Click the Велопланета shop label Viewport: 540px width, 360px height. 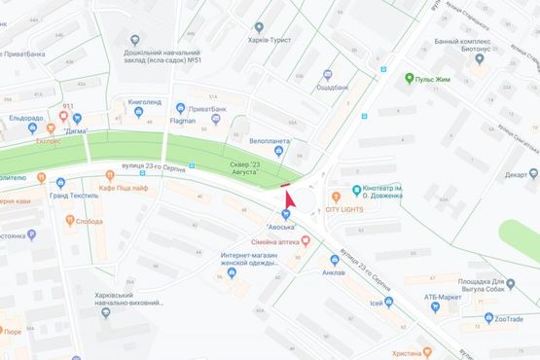pos(270,140)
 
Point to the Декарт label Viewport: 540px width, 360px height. pos(515,175)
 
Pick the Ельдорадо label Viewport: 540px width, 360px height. pos(26,119)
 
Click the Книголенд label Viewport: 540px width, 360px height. pos(143,101)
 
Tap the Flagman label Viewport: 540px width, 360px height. pos(182,121)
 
